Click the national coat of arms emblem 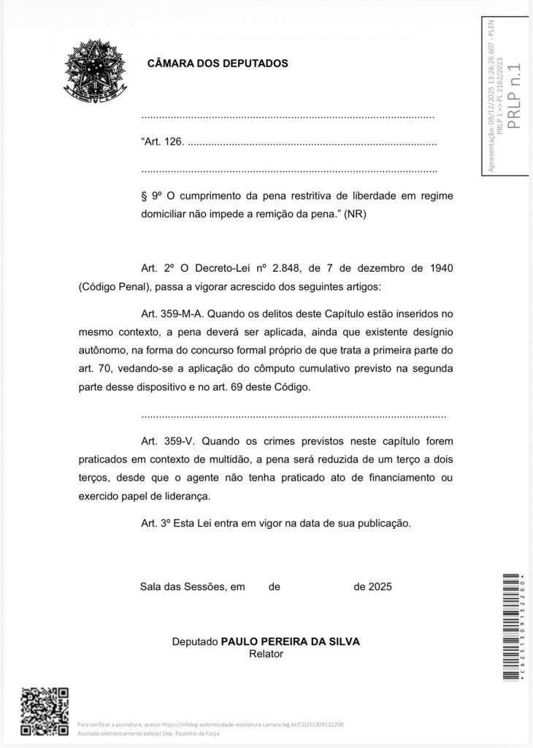click(93, 70)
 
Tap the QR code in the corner click(44, 711)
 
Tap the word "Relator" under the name click(266, 654)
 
